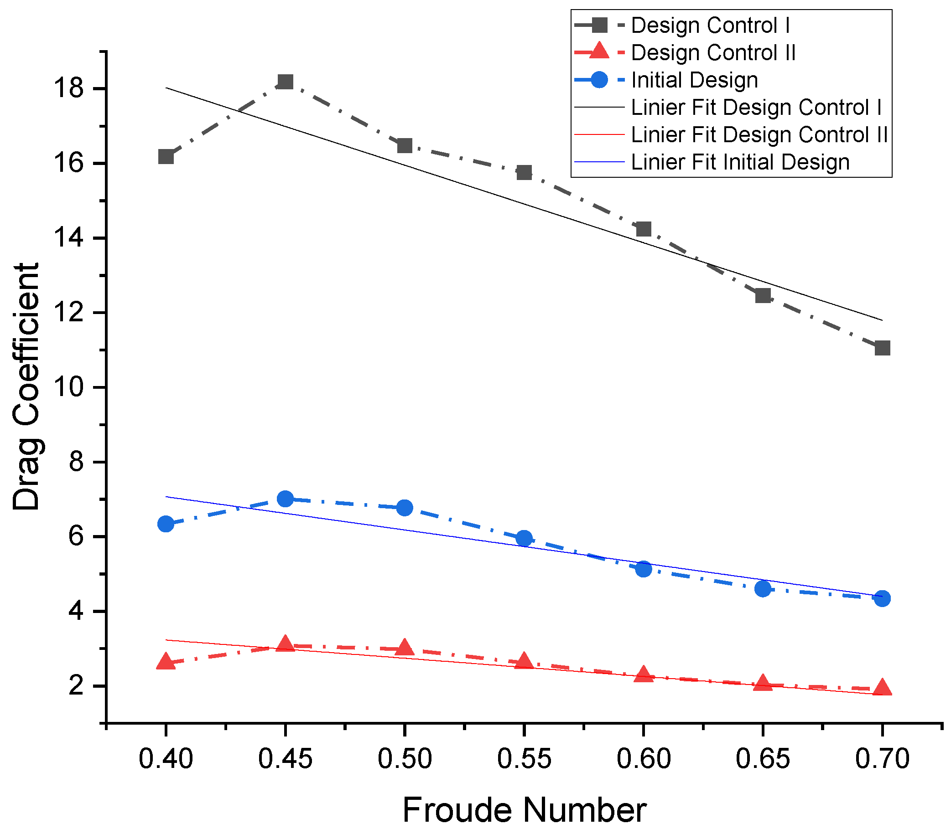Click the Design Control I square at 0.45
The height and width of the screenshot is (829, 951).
click(285, 82)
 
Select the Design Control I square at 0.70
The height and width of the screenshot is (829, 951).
click(883, 348)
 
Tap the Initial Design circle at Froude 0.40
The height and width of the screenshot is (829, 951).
click(166, 524)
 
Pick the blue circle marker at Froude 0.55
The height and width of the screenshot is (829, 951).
click(524, 539)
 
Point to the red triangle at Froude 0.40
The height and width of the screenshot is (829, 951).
click(166, 663)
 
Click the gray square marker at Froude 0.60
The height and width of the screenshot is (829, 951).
click(644, 228)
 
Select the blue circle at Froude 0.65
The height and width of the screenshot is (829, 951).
click(763, 588)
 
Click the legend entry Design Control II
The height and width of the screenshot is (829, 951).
click(713, 53)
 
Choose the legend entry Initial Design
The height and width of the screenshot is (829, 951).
click(695, 80)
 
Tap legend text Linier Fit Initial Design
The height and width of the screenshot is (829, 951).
click(740, 162)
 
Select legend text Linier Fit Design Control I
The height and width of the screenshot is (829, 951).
click(756, 107)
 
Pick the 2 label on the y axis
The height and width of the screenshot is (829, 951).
click(76, 686)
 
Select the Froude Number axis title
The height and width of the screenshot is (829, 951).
click(524, 809)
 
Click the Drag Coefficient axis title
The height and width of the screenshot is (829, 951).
click(26, 386)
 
